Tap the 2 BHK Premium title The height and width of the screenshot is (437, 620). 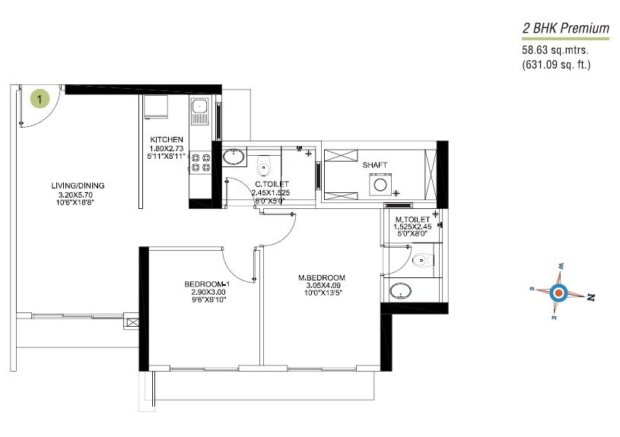[565, 29]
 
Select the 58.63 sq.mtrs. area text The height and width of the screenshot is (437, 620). [554, 50]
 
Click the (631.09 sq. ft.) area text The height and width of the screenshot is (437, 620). [556, 65]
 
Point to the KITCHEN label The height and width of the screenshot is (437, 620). [166, 139]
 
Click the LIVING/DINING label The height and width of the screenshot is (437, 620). [78, 185]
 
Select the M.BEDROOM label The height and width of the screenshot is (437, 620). [322, 277]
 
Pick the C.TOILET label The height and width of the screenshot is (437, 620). [271, 184]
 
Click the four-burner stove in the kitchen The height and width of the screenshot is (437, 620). [201, 160]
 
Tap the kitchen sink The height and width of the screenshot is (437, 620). [200, 111]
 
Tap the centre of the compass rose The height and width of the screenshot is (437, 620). [559, 293]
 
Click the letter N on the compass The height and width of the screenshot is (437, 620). [590, 299]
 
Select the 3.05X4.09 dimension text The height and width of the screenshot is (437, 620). [322, 286]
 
